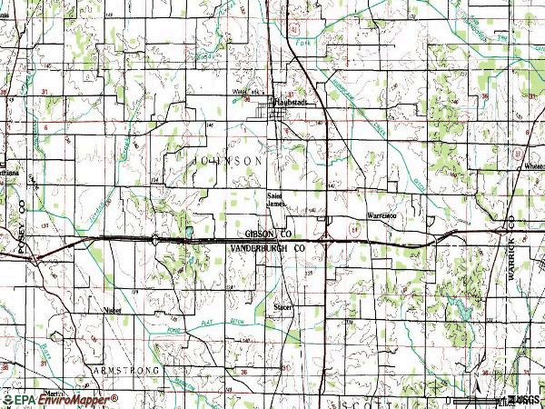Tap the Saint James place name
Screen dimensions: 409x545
point(279,197)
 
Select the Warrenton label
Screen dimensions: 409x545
point(381,216)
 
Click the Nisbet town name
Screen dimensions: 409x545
point(113,309)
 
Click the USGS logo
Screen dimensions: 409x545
point(523,399)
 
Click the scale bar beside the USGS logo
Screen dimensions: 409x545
point(477,399)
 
